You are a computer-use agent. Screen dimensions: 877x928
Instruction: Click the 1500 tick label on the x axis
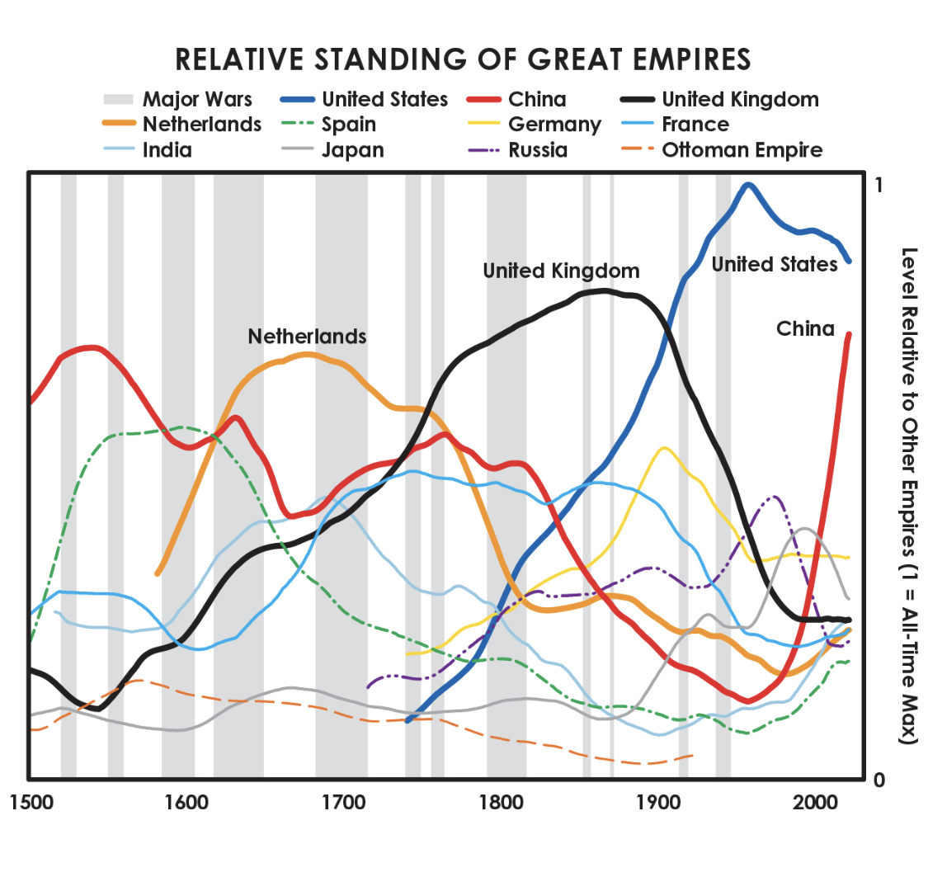tap(29, 803)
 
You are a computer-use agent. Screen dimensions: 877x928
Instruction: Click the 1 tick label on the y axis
tap(879, 185)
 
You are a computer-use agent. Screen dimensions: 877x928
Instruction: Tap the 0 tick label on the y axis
tap(879, 780)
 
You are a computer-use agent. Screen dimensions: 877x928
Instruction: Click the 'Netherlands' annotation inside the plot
tap(307, 337)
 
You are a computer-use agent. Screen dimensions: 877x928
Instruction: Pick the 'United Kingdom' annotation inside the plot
tap(561, 271)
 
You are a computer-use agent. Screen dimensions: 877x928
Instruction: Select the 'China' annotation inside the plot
tap(805, 329)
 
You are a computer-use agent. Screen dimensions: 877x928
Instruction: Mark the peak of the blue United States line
tap(748, 185)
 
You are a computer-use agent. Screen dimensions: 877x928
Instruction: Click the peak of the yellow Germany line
tap(663, 448)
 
